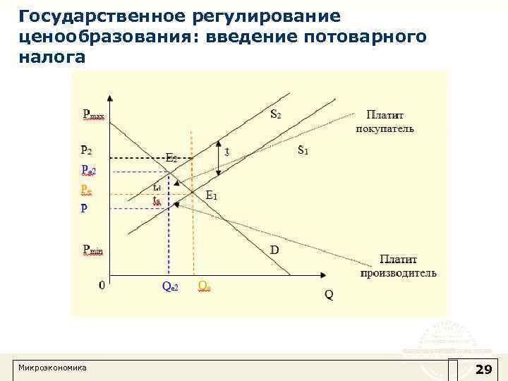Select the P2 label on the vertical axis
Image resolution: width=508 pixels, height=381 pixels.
[86, 150]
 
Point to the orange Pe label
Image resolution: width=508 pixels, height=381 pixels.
[86, 190]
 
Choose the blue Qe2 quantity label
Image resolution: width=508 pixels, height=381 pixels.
[170, 286]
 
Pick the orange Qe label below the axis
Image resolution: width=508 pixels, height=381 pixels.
[205, 286]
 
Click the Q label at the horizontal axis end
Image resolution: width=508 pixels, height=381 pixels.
[329, 294]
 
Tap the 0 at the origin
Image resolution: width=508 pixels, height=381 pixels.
[102, 286]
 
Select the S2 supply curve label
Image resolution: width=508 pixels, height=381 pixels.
[278, 114]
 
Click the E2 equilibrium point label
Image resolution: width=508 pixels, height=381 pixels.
[171, 158]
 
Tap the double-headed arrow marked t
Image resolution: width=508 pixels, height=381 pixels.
[219, 160]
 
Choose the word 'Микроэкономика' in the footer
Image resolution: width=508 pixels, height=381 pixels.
[52, 368]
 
